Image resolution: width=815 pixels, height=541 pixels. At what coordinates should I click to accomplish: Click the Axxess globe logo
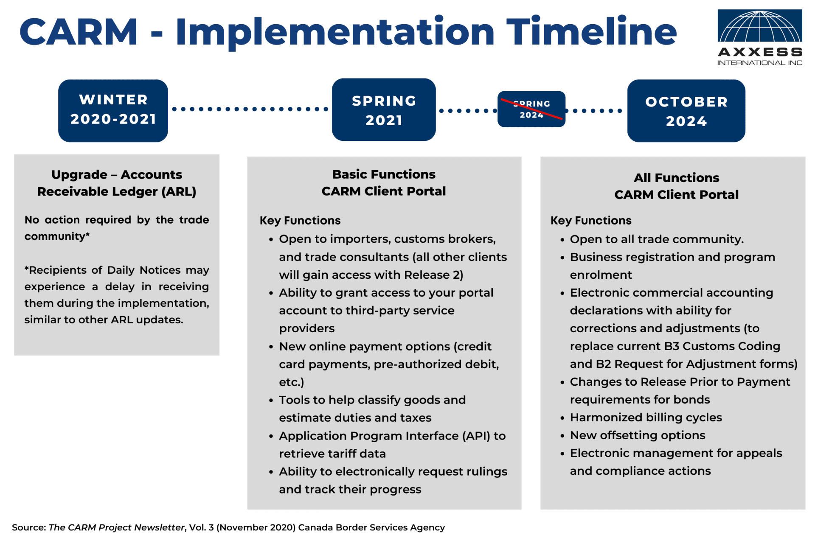pos(759,26)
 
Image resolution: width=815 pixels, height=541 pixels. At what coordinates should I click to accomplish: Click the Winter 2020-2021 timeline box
pos(113,110)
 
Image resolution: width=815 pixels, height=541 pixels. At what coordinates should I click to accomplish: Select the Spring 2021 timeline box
pos(384,110)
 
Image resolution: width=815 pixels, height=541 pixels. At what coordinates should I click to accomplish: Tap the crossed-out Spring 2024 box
pos(531,109)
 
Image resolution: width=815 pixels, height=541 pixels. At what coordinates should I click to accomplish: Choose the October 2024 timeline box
pos(686,111)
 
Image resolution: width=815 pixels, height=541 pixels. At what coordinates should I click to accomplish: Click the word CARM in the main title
pos(79,32)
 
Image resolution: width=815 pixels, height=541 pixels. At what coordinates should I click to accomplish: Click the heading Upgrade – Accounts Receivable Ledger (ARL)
pos(117,183)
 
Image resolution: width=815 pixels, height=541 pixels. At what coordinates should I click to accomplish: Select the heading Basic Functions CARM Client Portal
pos(384,182)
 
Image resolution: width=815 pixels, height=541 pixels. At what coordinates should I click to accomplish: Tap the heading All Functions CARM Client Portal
pos(676,186)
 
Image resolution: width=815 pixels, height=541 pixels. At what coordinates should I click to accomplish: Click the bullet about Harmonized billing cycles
pos(645,418)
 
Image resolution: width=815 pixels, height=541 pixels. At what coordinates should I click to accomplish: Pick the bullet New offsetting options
pos(637,435)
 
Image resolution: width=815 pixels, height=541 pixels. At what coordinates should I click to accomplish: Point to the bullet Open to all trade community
pos(656,239)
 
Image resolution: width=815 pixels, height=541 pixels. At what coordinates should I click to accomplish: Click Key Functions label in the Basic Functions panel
pos(300,221)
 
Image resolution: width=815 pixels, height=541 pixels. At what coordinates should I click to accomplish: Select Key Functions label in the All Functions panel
pos(591,221)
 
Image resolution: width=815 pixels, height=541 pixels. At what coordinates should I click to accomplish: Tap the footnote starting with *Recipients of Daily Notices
pos(117,294)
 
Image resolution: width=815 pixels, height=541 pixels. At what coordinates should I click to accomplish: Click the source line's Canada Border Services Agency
pos(371,527)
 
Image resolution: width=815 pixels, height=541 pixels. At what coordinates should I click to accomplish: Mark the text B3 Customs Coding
pos(722,346)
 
